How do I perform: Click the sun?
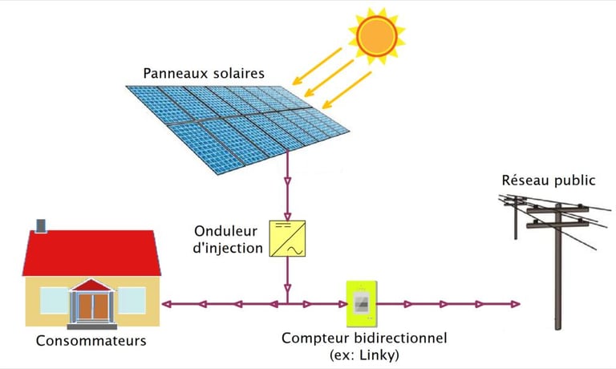[376, 35]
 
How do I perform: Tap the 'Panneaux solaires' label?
[204, 74]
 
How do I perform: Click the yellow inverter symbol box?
[286, 239]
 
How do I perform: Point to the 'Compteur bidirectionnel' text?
[363, 337]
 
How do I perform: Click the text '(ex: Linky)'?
[363, 354]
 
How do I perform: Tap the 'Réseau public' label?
[548, 180]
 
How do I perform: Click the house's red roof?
[88, 253]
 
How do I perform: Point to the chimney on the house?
[41, 225]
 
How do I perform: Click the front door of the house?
[92, 308]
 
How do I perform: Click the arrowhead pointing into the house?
[165, 304]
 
